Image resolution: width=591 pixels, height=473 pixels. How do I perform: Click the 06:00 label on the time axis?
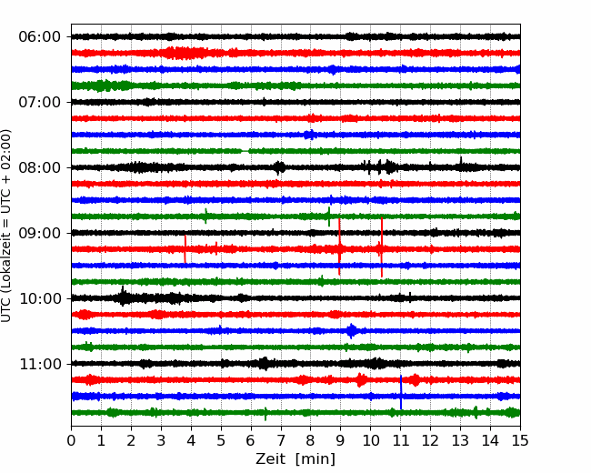click(x=40, y=37)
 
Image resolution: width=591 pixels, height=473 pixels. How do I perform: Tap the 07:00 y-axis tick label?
click(x=40, y=102)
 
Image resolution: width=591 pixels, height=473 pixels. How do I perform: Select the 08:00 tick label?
click(x=40, y=167)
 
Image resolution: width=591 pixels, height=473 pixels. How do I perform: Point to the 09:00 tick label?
click(x=40, y=233)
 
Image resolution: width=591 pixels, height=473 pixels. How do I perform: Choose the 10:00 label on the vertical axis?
click(x=40, y=298)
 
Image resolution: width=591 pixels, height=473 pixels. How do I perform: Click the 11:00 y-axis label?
click(x=40, y=364)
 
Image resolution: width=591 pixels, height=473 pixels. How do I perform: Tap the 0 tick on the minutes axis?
click(x=71, y=440)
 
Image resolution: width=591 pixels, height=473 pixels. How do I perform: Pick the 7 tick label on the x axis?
click(x=281, y=440)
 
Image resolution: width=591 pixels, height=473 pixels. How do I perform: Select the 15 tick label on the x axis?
click(x=520, y=440)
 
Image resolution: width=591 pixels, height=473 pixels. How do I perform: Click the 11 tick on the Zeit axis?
click(x=401, y=440)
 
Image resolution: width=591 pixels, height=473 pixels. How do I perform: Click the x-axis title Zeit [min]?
click(x=295, y=459)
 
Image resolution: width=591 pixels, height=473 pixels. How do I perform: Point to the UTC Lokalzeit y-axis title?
click(x=5, y=226)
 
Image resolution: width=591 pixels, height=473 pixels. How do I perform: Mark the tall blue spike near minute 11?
click(x=401, y=392)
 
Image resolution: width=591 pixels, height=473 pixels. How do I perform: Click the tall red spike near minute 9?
click(x=340, y=247)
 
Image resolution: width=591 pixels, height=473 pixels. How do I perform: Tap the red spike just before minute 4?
click(x=185, y=249)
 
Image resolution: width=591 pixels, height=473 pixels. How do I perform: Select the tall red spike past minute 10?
click(x=382, y=247)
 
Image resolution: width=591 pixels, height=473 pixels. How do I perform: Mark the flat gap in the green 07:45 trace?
click(x=245, y=151)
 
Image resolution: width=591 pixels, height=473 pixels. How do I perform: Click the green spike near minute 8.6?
click(x=329, y=216)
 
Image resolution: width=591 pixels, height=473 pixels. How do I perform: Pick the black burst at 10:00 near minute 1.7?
click(x=123, y=297)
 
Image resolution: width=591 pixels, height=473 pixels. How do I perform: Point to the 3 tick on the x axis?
click(x=161, y=440)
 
